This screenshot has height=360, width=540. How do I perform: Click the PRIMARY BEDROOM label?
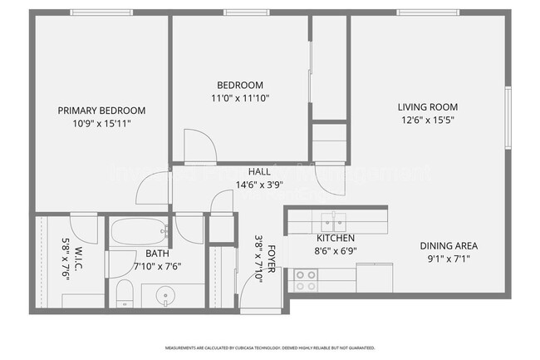(101, 111)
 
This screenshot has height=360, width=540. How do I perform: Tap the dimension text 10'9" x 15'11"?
(101, 123)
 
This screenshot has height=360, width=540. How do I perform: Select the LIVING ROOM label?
(427, 107)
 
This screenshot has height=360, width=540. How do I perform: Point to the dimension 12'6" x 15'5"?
(427, 120)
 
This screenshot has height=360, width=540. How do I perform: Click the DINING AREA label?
(448, 246)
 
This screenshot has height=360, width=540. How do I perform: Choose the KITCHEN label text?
(335, 239)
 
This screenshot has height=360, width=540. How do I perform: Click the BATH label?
(157, 254)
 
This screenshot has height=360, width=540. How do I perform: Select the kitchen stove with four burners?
(306, 279)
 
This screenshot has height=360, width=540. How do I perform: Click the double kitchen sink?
(335, 221)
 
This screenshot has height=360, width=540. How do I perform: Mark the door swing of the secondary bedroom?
(199, 146)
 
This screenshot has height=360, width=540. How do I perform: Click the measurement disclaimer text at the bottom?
(270, 348)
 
